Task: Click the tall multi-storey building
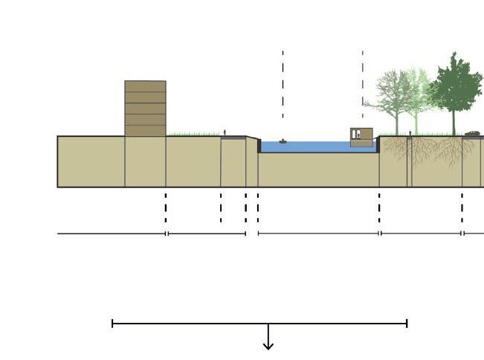tap(145, 109)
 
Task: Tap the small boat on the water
tap(283, 141)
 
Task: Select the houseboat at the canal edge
tap(361, 137)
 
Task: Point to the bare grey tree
tap(394, 93)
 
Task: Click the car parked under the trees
tap(472, 134)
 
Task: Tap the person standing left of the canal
tap(225, 132)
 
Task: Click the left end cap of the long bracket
tap(112, 324)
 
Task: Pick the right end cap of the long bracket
tap(407, 324)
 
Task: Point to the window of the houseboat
tap(358, 135)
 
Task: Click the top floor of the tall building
tap(145, 86)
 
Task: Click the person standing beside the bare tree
tap(410, 134)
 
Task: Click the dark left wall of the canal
tap(259, 146)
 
